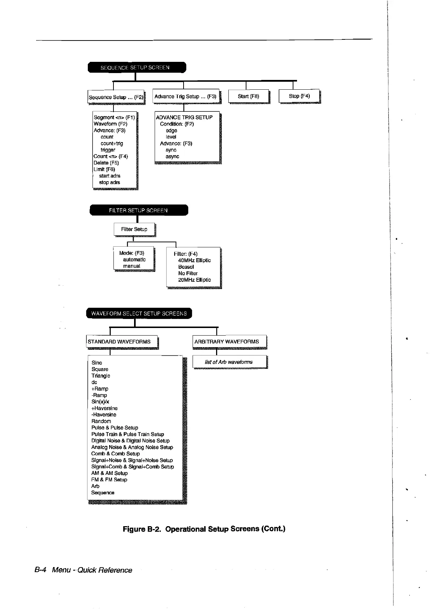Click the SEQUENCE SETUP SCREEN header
pyautogui.click(x=137, y=68)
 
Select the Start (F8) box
pyautogui.click(x=249, y=96)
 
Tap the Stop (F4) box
pyautogui.click(x=299, y=96)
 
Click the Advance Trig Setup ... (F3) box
pyautogui.click(x=186, y=97)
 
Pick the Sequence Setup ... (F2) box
pyautogui.click(x=116, y=97)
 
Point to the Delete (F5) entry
pyautogui.click(x=106, y=163)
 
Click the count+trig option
pyautogui.click(x=112, y=143)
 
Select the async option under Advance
pyautogui.click(x=172, y=156)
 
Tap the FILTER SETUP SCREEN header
pyautogui.click(x=138, y=210)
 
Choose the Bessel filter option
pyautogui.click(x=186, y=267)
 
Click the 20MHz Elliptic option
pyautogui.click(x=194, y=280)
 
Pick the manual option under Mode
pyautogui.click(x=132, y=266)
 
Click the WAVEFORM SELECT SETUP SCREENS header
pyautogui.click(x=139, y=314)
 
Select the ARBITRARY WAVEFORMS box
pyautogui.click(x=227, y=341)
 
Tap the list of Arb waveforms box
pyautogui.click(x=229, y=362)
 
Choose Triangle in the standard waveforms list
pyautogui.click(x=101, y=375)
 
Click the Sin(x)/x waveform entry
pyautogui.click(x=100, y=401)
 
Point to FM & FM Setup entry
pyautogui.click(x=109, y=480)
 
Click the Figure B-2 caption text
pyautogui.click(x=204, y=529)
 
